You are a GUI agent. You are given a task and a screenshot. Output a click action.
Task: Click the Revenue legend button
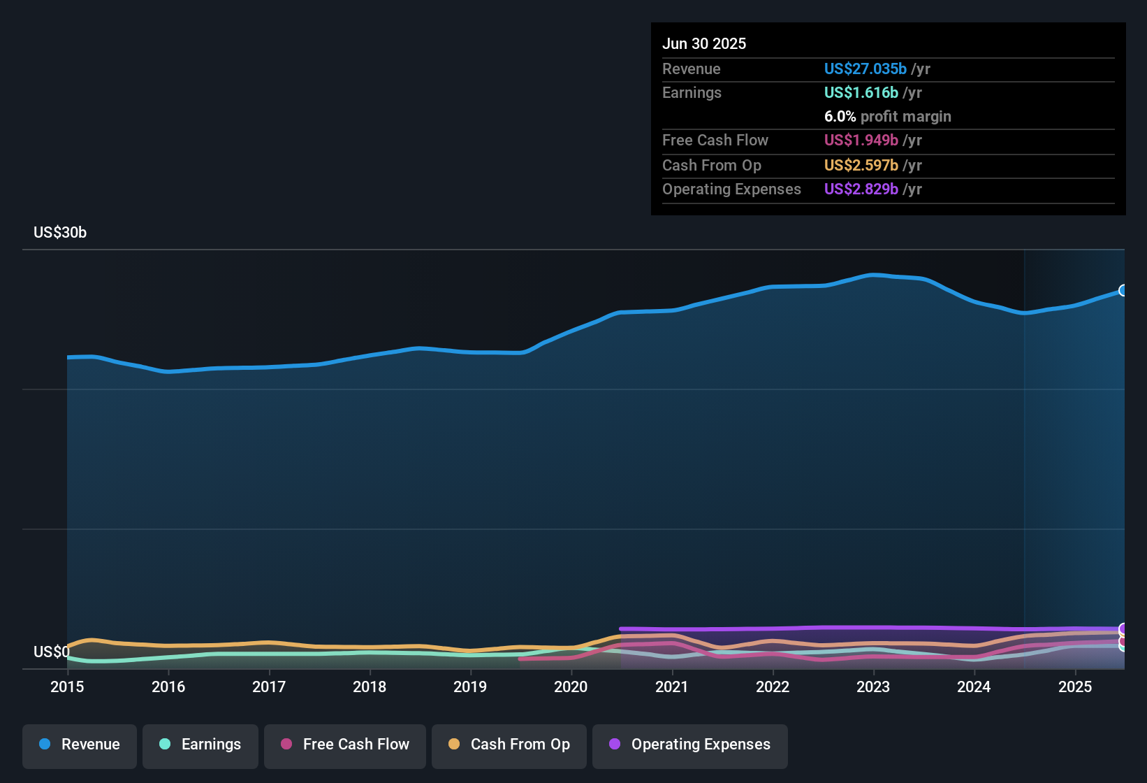[80, 745]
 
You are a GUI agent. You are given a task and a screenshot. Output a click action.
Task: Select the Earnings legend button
[200, 745]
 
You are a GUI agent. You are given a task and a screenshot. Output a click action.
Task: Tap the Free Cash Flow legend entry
[345, 745]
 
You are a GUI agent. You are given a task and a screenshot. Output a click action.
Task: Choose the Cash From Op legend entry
[509, 745]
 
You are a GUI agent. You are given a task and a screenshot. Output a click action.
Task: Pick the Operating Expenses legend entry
[690, 745]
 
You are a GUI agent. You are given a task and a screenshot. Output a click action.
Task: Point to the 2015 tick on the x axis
[67, 687]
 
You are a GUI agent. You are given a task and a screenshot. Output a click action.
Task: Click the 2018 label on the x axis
[370, 687]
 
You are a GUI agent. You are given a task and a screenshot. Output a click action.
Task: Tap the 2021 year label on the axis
[672, 687]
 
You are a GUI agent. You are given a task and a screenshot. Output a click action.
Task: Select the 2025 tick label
[1075, 687]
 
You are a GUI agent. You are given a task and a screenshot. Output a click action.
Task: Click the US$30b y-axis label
[60, 233]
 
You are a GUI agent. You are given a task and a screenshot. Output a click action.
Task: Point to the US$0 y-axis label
[51, 652]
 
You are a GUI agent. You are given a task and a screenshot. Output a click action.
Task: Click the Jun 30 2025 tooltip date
[704, 44]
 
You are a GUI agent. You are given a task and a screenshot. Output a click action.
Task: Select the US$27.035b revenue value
[865, 69]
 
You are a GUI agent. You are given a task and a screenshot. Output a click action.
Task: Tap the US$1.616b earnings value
[861, 93]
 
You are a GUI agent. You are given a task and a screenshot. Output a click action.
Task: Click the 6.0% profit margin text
[887, 117]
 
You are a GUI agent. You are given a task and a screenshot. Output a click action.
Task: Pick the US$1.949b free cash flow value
[861, 141]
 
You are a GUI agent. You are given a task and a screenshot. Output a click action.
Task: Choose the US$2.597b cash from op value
[861, 166]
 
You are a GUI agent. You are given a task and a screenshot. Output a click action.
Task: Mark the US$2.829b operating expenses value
[861, 189]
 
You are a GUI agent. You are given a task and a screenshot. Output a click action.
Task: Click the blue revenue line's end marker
[1123, 290]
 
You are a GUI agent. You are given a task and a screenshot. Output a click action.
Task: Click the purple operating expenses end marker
[1123, 628]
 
